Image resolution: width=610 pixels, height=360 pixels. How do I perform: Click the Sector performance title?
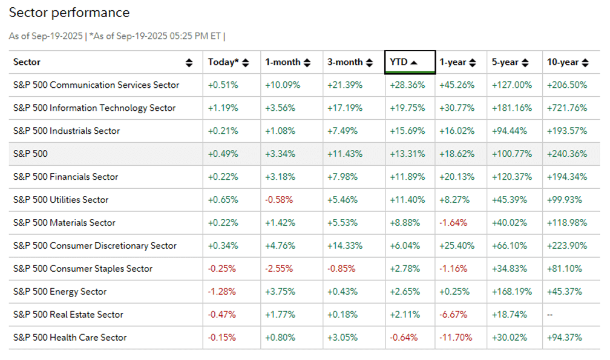69,13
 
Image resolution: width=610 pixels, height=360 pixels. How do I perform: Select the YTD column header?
404,62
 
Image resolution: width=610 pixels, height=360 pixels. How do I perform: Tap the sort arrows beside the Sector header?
189,62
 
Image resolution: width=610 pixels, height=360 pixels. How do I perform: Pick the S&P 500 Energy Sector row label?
60,292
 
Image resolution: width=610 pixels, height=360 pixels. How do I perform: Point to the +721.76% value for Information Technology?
567,108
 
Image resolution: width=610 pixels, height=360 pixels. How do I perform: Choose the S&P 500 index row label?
30,154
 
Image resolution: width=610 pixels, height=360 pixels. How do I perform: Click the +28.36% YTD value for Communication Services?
407,85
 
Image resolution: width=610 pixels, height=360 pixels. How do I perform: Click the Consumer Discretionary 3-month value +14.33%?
345,246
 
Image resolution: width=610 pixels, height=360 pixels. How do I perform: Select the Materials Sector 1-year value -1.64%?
454,223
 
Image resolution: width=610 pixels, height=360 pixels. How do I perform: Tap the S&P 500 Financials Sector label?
65,177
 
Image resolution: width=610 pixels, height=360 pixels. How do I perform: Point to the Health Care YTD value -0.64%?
405,338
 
